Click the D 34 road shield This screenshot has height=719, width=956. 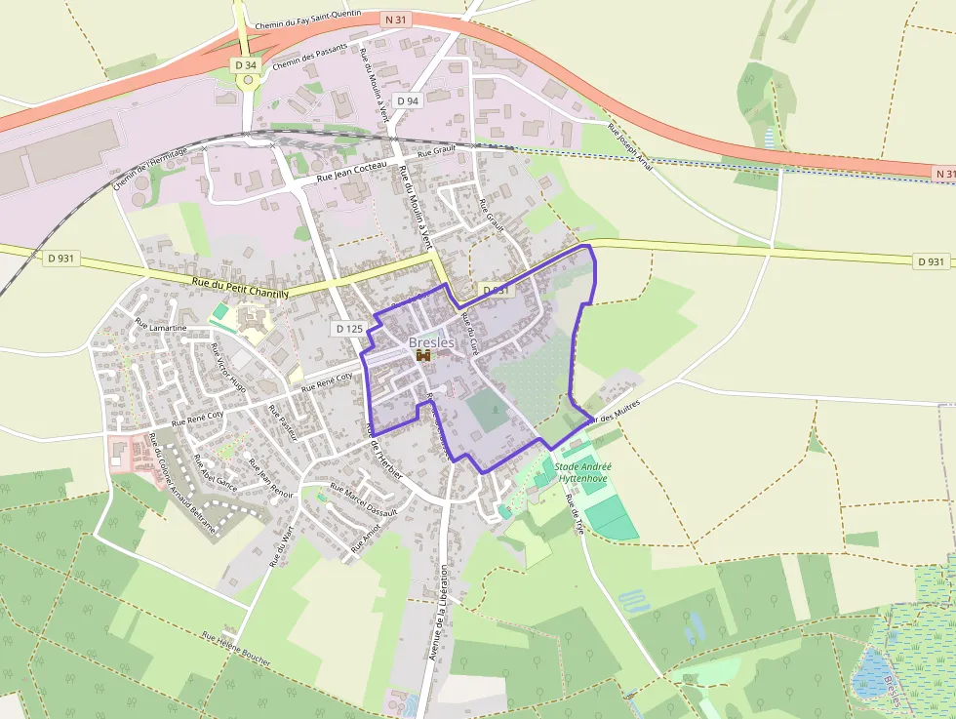[x=246, y=64]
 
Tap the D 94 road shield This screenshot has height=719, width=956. [x=408, y=101]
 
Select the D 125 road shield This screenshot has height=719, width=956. [x=348, y=329]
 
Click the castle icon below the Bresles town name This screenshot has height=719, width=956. [x=423, y=356]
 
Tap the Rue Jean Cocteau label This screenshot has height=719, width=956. [x=353, y=175]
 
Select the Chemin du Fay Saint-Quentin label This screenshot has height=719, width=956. [x=307, y=20]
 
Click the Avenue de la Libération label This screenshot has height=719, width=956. [x=438, y=612]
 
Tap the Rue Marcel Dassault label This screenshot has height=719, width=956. [x=364, y=499]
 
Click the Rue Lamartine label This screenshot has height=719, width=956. [x=160, y=327]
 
